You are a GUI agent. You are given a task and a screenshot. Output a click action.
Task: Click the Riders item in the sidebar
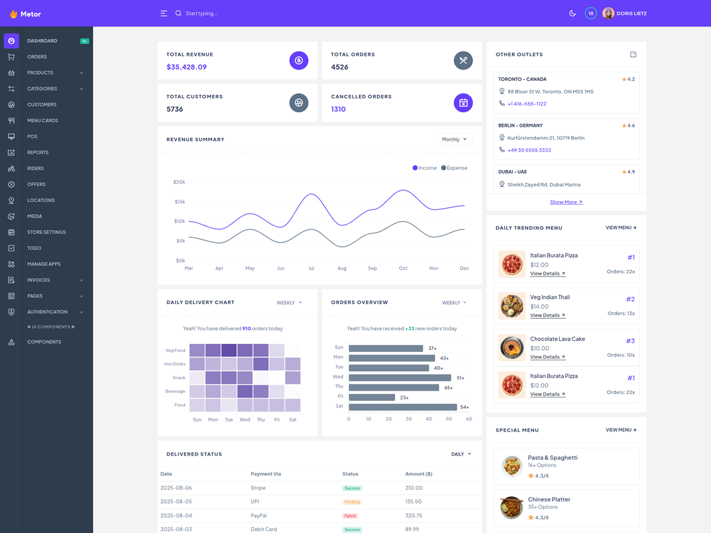tap(36, 168)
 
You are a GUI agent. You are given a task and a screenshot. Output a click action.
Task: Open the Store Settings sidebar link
tap(46, 232)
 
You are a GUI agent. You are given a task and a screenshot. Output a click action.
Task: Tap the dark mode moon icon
tap(572, 13)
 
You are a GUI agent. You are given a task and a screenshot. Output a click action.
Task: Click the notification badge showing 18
tap(591, 13)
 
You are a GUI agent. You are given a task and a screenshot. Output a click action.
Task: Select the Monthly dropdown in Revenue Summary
tap(454, 139)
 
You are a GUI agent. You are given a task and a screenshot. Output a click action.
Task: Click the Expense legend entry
tap(454, 168)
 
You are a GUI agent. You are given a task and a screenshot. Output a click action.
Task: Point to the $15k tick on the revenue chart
tap(180, 202)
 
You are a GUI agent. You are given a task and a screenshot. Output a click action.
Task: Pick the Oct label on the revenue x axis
tap(403, 268)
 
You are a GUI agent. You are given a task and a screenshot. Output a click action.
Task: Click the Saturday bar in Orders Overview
tap(402, 407)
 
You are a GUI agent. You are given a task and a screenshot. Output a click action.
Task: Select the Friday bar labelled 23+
tap(372, 397)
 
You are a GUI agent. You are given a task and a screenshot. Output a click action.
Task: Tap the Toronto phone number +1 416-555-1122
tap(527, 104)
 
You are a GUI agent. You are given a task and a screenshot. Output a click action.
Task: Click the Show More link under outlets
tap(566, 202)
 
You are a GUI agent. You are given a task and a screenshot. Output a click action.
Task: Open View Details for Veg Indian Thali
tap(547, 316)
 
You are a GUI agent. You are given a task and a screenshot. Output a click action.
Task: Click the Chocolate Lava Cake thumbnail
tap(512, 347)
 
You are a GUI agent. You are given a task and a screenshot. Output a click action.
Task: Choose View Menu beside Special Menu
tap(620, 430)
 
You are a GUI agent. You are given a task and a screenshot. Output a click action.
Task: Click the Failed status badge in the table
tap(350, 516)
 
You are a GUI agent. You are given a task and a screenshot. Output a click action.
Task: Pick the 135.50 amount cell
tap(413, 501)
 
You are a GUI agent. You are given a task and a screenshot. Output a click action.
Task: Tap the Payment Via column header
tap(265, 474)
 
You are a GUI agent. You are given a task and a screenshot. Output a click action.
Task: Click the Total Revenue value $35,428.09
tap(186, 67)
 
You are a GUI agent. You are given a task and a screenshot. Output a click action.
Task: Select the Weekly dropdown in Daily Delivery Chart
tap(289, 303)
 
